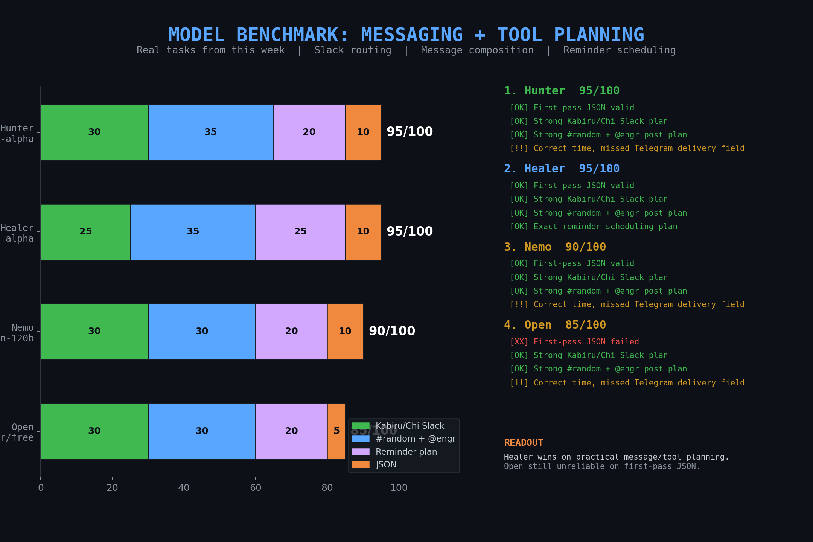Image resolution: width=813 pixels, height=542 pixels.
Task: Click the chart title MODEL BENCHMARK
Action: coord(406,35)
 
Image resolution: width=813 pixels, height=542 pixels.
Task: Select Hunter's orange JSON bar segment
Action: coord(363,132)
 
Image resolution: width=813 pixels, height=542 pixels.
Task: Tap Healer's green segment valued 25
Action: coord(85,232)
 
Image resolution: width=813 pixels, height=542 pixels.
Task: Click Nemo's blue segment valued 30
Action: coord(202,332)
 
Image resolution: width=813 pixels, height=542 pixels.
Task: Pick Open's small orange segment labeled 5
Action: coord(336,431)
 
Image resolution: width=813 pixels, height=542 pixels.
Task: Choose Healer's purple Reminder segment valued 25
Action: coord(300,232)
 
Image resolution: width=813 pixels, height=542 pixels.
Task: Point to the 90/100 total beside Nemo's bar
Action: coord(392,331)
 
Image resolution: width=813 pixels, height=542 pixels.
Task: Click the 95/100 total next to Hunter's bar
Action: coord(410,132)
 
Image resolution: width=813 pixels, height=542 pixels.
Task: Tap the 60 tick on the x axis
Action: coord(256,488)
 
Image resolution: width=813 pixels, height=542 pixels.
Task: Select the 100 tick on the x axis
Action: coord(399,488)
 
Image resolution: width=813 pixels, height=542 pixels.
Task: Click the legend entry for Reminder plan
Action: coord(406,452)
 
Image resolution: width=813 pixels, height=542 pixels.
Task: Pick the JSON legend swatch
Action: coord(360,465)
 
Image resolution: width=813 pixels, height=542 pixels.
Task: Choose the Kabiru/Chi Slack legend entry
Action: coord(410,426)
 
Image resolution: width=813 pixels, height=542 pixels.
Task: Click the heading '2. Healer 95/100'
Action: coord(562,169)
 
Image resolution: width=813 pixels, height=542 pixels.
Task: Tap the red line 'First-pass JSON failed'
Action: coord(574,342)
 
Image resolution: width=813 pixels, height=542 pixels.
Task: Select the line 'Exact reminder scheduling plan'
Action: coord(594,227)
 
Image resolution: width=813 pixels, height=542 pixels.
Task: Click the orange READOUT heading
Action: coord(524,443)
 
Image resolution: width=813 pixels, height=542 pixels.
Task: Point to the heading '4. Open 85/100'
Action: coord(555,325)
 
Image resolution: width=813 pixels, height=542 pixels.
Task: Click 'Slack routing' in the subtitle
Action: coord(353,50)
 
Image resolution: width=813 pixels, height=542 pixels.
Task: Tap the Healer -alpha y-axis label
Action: coord(17,233)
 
